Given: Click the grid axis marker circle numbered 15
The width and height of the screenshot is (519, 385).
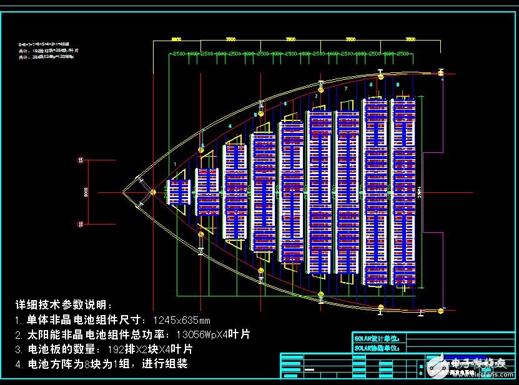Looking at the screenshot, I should pos(80,160).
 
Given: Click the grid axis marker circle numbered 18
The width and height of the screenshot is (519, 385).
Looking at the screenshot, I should pos(80,223).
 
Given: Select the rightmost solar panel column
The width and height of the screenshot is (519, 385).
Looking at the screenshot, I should pos(403,191).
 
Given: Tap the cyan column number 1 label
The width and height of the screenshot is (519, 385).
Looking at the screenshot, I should pos(175,163).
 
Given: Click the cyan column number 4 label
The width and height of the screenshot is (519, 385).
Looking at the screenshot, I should pos(230,126).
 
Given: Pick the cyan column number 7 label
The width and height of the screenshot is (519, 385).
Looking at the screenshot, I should pos(345,89).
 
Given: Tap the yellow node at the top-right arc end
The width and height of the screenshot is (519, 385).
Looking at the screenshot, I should pos(441,74).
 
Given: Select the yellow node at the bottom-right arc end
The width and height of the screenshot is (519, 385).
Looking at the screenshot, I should pos(442,309).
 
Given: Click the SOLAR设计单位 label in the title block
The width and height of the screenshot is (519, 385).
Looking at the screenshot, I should pos(378,338).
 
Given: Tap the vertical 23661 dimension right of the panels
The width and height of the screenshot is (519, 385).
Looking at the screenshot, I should pos(420,191).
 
